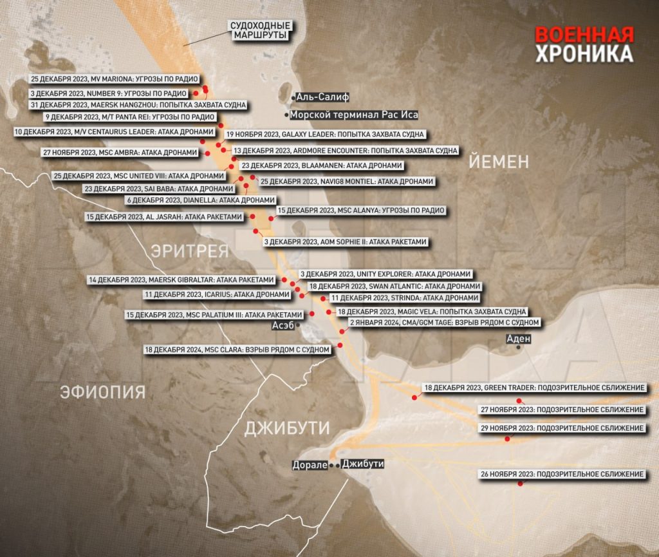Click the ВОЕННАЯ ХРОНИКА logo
point(584,44)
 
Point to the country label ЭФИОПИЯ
point(103,391)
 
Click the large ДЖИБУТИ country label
point(287,428)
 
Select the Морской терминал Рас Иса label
point(354,115)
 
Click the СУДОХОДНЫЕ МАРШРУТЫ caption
point(261,30)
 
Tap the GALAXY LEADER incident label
point(325,135)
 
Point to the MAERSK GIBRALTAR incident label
point(182,280)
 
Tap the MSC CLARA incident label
point(239,350)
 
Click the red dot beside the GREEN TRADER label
point(414,398)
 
